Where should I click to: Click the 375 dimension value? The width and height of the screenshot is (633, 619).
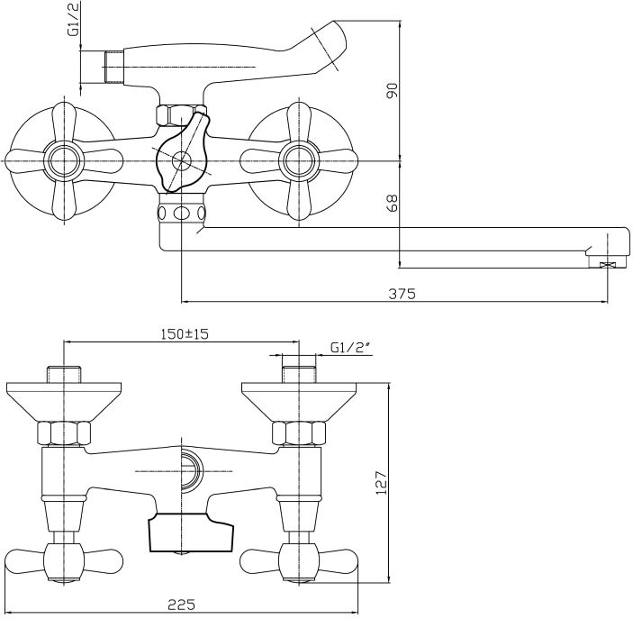click(x=402, y=293)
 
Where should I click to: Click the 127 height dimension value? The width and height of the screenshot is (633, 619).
click(x=381, y=483)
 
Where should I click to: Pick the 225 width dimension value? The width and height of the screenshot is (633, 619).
click(x=182, y=605)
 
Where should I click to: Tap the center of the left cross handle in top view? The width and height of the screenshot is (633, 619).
click(x=65, y=161)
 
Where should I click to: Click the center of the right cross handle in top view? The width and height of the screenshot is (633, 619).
click(x=298, y=161)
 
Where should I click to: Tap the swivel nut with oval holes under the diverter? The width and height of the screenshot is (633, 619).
click(x=182, y=214)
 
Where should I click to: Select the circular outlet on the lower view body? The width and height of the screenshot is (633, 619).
click(x=190, y=469)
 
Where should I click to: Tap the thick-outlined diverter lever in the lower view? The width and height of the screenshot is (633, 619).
click(x=189, y=533)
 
